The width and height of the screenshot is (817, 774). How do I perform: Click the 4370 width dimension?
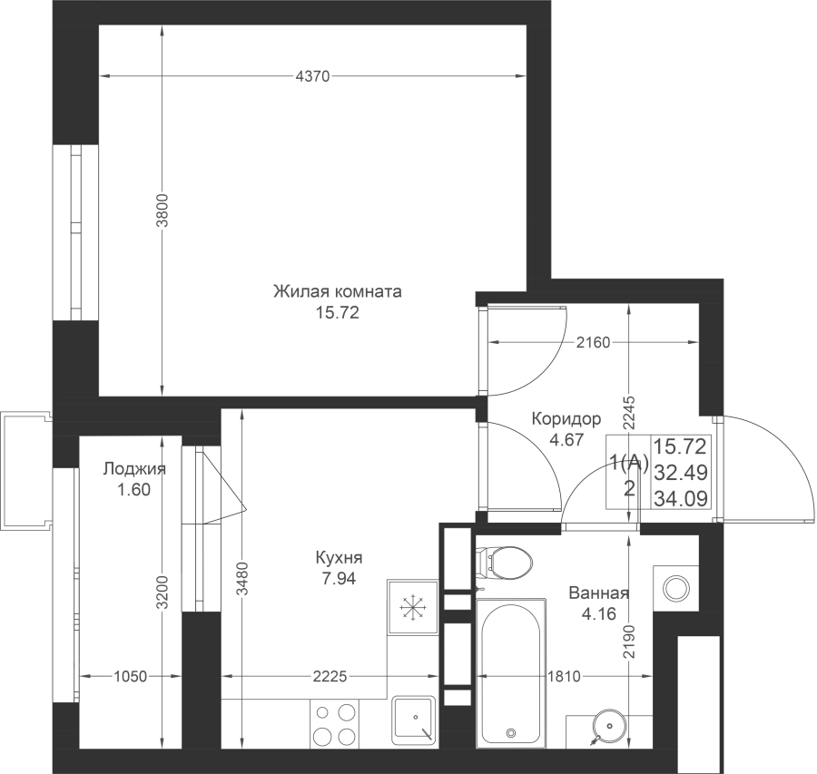(312, 76)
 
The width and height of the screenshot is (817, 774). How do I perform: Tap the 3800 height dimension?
(162, 211)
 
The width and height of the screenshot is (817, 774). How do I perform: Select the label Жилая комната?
(338, 291)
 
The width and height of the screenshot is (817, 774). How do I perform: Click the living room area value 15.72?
(337, 312)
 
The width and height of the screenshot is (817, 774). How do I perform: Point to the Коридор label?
(566, 418)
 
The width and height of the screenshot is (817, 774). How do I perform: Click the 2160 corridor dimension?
(593, 343)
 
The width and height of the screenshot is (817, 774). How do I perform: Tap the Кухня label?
(339, 558)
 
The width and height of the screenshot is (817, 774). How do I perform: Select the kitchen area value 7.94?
(339, 579)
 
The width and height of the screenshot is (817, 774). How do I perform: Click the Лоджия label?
(134, 469)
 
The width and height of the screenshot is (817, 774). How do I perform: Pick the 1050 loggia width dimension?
(130, 677)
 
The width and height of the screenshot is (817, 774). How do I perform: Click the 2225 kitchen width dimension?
(330, 677)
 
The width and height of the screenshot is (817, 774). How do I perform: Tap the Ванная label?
(599, 593)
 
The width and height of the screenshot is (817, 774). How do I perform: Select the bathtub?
(510, 672)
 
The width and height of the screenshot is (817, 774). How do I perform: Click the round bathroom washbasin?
(607, 727)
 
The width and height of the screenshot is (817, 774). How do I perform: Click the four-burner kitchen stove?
(334, 723)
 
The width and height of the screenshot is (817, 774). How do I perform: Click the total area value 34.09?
(681, 499)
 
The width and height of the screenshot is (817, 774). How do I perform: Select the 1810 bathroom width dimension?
(565, 677)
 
